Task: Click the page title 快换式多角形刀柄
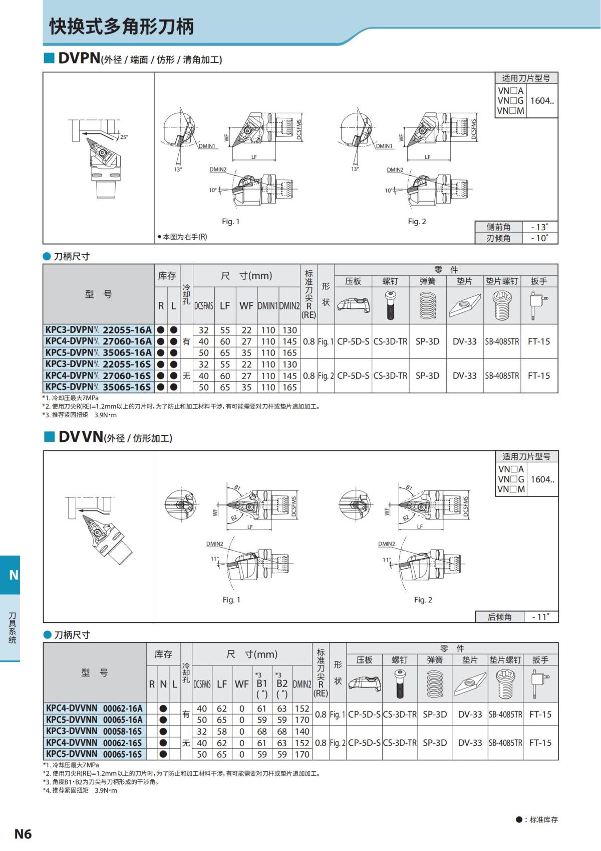tap(121, 27)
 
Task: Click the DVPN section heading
tap(79, 58)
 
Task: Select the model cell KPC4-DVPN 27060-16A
tap(98, 341)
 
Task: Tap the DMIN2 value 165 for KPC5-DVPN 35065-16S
tap(289, 387)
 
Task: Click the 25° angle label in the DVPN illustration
tap(124, 137)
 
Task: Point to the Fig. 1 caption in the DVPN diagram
tap(230, 221)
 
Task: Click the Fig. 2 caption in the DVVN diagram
tap(423, 600)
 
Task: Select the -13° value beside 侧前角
tap(539, 227)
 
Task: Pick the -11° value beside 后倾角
tap(540, 617)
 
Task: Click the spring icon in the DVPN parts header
tap(427, 305)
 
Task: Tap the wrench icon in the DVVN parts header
tap(539, 684)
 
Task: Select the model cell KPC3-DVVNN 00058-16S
tap(94, 731)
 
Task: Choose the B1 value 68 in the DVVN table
tap(261, 731)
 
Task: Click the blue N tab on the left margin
tap(13, 575)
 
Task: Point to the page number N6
tap(23, 833)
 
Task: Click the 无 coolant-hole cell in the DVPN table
tap(186, 376)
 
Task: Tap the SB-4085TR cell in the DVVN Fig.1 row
tap(505, 714)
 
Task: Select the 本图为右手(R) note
tap(182, 237)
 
